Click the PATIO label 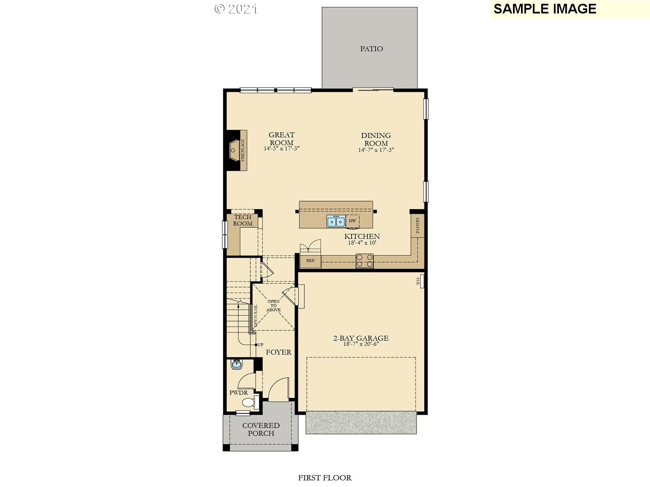coord(371,49)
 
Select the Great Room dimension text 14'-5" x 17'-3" coord(281,149)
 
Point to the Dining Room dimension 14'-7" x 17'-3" coord(376,150)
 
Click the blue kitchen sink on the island coord(336,221)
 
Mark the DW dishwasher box coord(352,221)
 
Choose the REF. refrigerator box coord(311,261)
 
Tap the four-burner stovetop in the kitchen coord(365,261)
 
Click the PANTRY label coord(417,226)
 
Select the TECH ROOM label coord(243,220)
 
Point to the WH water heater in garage coord(420,281)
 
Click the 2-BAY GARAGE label coord(361,338)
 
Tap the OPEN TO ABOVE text coord(273,306)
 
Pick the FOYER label coord(278,352)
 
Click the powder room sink coord(236,365)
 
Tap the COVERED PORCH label coord(261,429)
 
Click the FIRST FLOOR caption coord(325,478)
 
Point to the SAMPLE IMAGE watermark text coord(545,9)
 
